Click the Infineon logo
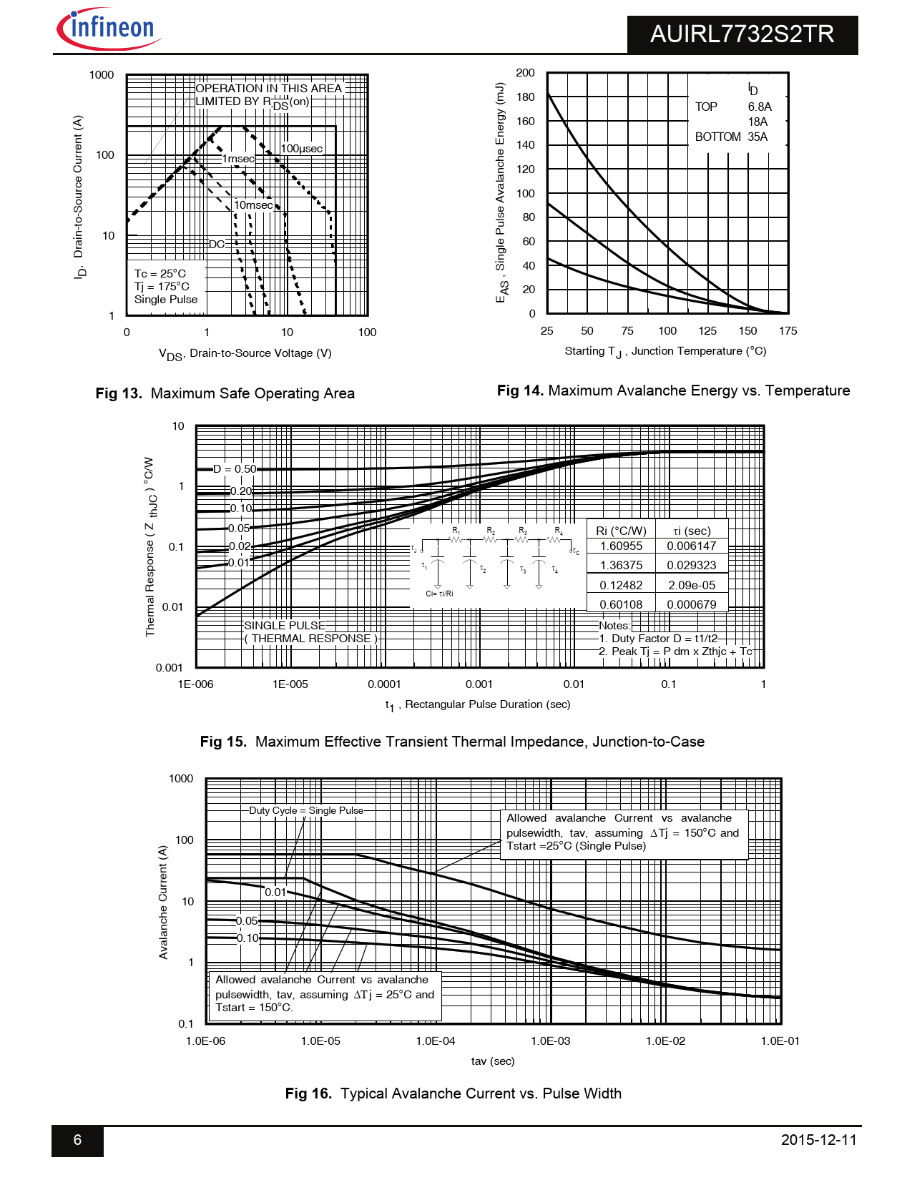[x=109, y=29]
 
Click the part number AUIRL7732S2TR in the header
[x=742, y=34]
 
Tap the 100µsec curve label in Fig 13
[x=301, y=149]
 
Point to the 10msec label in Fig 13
[x=253, y=205]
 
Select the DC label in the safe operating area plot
[x=217, y=245]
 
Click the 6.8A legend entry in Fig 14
[x=760, y=107]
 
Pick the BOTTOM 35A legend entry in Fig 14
[x=731, y=137]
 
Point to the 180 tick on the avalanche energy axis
[x=525, y=97]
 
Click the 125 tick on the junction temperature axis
[x=707, y=331]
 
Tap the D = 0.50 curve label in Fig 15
[x=235, y=469]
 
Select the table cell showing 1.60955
[x=621, y=546]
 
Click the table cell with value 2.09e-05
[x=692, y=585]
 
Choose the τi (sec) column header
[x=692, y=531]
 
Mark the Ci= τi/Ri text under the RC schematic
[x=439, y=594]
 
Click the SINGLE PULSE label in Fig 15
[x=285, y=626]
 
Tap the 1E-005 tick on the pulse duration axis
[x=290, y=684]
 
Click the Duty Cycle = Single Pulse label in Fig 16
[x=306, y=811]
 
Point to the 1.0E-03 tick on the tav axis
[x=551, y=1041]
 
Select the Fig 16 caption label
[x=308, y=1093]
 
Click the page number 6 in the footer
[x=77, y=1140]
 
